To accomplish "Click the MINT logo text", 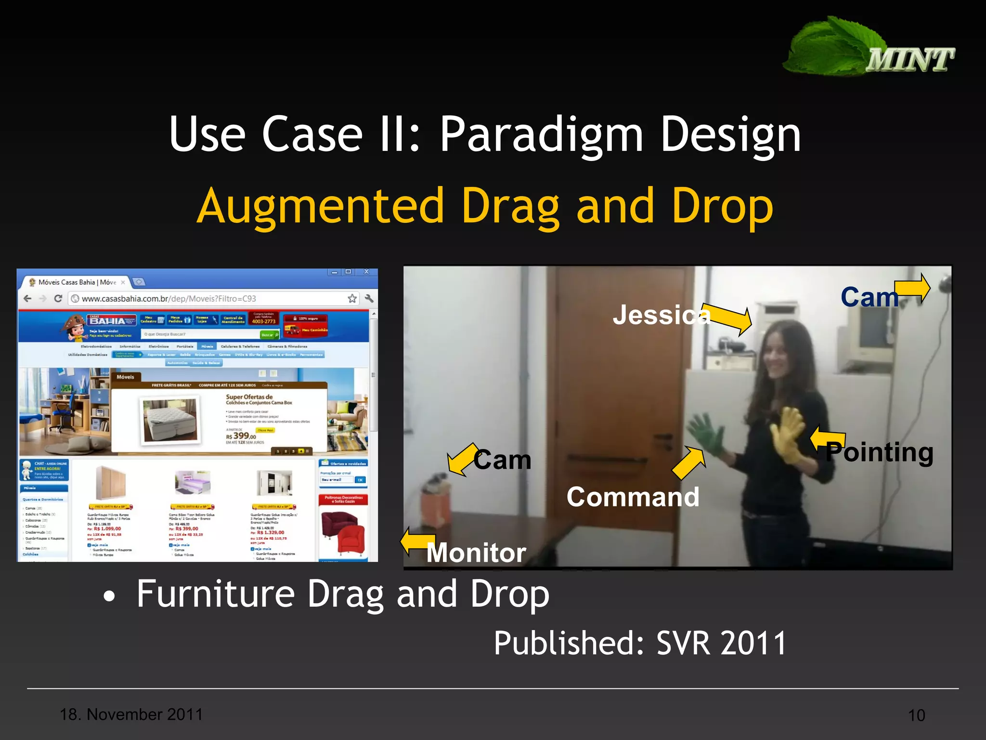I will click(x=910, y=60).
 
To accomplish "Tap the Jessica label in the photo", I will click(x=661, y=315).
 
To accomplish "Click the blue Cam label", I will click(x=869, y=297).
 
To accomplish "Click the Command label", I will click(x=633, y=497).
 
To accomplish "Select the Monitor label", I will click(x=476, y=553).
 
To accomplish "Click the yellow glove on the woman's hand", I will click(x=789, y=434).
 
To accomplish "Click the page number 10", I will click(x=916, y=715).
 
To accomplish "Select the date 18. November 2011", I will click(x=131, y=714).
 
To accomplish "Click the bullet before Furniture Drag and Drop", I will click(x=110, y=597).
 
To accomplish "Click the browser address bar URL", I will click(x=169, y=299).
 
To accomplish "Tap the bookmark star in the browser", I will click(x=352, y=299).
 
